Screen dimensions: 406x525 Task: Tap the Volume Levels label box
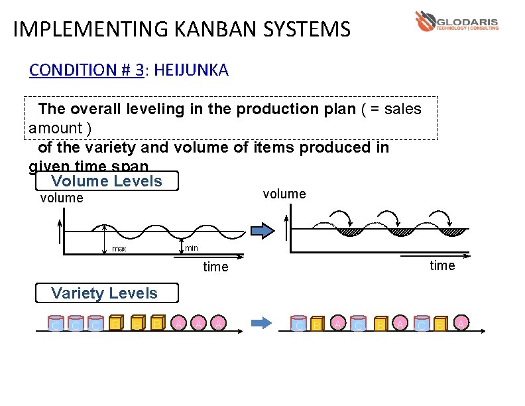coord(106,181)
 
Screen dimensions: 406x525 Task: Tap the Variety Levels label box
coord(104,293)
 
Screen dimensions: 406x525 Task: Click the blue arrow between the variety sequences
coord(261,323)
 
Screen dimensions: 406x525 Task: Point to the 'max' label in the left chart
coord(119,249)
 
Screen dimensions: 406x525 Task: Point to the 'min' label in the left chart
coord(191,247)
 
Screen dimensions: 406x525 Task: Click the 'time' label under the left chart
coord(215,267)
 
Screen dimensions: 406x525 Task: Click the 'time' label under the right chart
coord(442,265)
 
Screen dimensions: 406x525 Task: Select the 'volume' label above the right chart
coord(284,194)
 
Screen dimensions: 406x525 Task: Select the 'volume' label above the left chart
coord(62,198)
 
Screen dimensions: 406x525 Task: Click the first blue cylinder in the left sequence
coord(56,324)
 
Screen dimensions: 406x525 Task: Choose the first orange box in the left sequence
coord(115,323)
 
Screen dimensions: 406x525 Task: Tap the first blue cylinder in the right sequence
coord(299,324)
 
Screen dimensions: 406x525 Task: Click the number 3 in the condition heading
coord(139,70)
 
